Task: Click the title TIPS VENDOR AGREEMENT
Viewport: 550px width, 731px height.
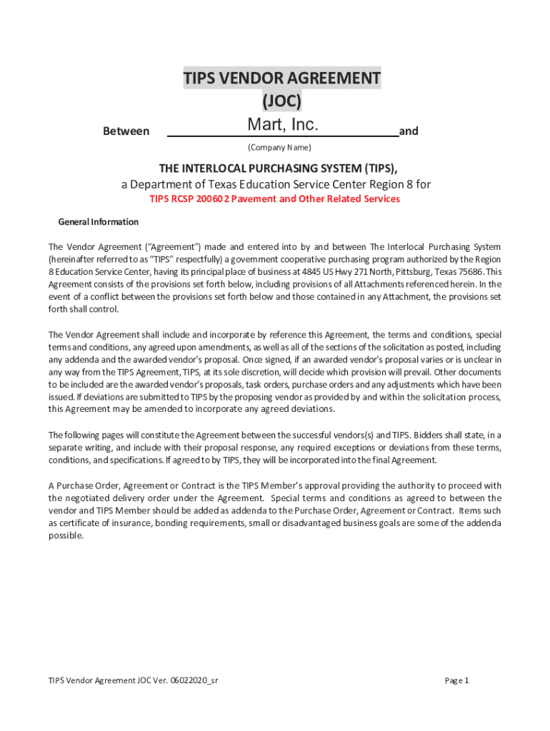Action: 281,78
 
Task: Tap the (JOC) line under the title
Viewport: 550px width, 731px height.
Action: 281,101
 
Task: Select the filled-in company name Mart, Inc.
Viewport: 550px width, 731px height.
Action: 282,126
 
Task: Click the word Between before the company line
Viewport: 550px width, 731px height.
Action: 126,131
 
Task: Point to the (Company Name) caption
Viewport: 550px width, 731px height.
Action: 279,148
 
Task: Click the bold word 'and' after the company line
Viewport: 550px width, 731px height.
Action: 409,131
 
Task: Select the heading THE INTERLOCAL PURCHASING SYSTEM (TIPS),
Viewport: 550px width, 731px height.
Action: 279,168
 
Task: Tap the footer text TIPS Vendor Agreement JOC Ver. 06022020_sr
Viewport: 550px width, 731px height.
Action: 133,680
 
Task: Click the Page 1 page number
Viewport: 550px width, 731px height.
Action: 456,680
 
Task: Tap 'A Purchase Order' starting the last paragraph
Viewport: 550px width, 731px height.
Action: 82,485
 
